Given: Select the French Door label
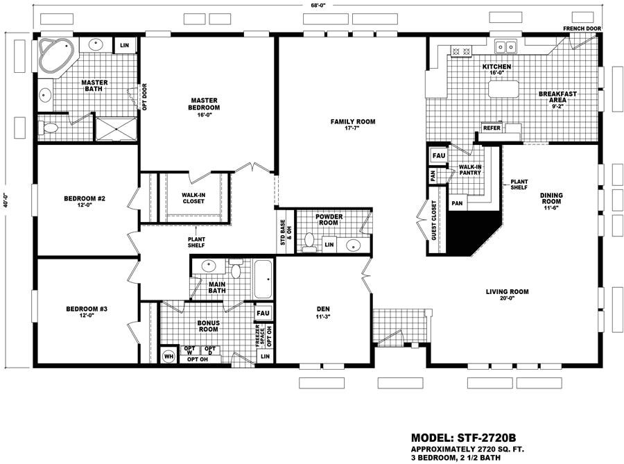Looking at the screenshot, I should click(582, 28).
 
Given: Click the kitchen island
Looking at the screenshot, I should click(505, 89).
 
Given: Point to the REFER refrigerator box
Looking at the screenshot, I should click(492, 128).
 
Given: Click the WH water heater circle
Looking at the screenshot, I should click(168, 356).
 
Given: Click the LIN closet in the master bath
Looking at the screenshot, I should click(124, 45).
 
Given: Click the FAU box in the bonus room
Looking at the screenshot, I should click(263, 313).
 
